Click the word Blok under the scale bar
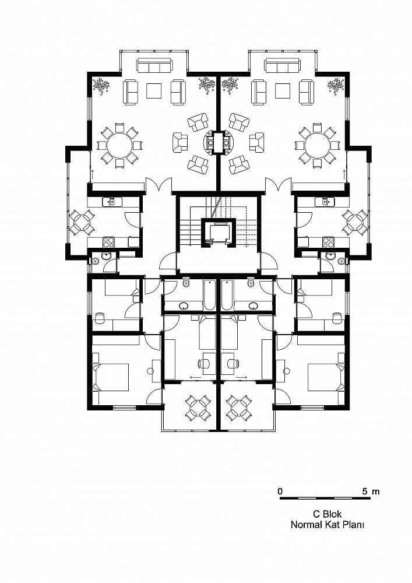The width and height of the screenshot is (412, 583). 332,514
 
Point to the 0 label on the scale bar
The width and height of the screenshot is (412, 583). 280,491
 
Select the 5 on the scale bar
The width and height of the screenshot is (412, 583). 365,491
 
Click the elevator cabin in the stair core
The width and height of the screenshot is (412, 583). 219,233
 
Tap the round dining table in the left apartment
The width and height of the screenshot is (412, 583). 118,145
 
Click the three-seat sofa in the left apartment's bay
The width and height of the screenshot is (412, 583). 154,65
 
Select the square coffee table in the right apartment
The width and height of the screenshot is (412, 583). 283,91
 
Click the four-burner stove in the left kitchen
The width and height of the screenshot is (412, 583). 108,242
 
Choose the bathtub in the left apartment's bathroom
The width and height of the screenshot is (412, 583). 210,295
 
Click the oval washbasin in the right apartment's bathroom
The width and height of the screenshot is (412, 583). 254,306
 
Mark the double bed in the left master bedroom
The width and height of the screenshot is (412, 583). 111,377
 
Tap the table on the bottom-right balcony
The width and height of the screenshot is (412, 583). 240,408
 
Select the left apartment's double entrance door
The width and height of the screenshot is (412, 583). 159,185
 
